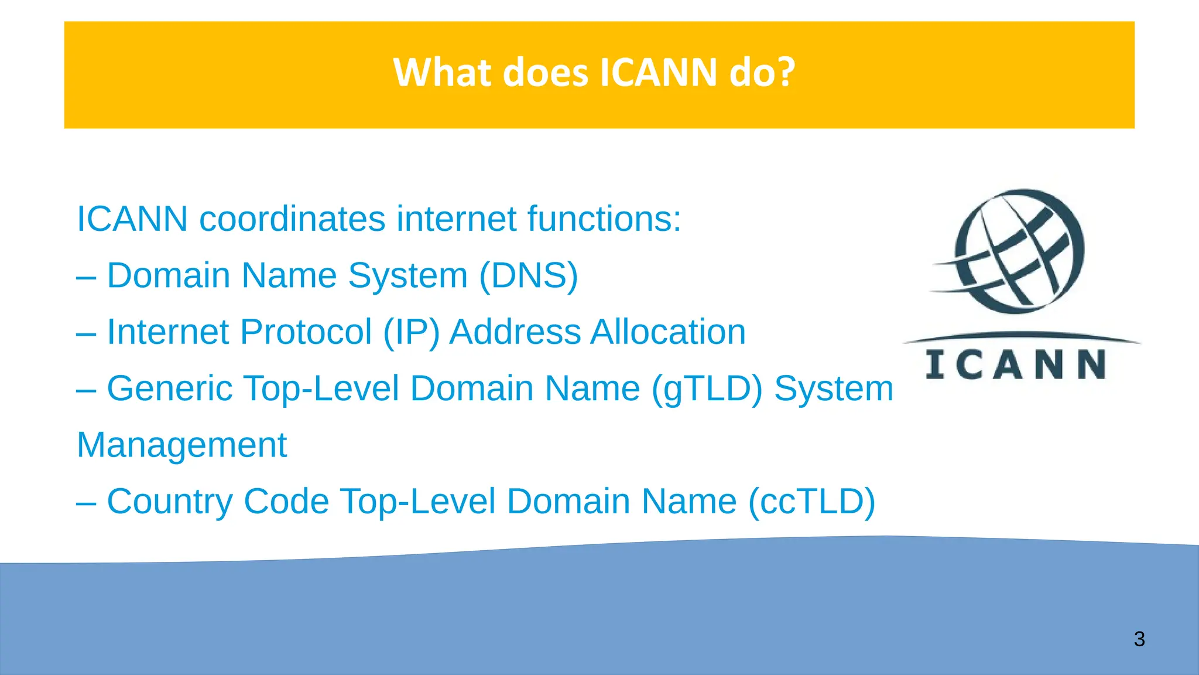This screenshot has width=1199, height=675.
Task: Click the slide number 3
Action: click(x=1139, y=639)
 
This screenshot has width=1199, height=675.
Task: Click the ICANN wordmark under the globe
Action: click(x=1016, y=364)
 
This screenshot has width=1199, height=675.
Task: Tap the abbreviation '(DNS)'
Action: click(x=528, y=275)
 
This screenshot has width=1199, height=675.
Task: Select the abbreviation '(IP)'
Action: click(x=411, y=332)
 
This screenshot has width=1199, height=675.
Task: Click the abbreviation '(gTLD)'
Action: click(x=707, y=388)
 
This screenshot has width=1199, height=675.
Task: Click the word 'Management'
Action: click(x=182, y=445)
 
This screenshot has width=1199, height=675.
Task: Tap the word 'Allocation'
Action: click(x=668, y=332)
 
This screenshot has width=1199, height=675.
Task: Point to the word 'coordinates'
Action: click(x=293, y=219)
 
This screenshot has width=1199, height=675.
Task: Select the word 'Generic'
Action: click(x=170, y=388)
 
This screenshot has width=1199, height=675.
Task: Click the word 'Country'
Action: click(x=170, y=502)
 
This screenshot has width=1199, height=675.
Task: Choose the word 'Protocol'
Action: click(x=306, y=332)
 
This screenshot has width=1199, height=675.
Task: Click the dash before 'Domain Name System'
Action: click(x=86, y=277)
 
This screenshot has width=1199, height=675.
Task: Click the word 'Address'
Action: click(x=515, y=332)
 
